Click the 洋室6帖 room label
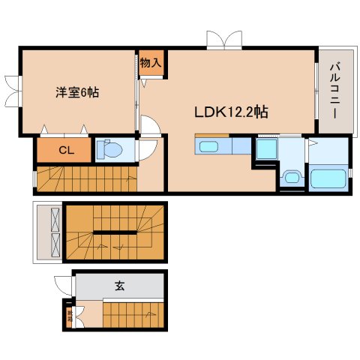76,92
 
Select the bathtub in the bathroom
328,179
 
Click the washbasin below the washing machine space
290,178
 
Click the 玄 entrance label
120,286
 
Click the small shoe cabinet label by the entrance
70,315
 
